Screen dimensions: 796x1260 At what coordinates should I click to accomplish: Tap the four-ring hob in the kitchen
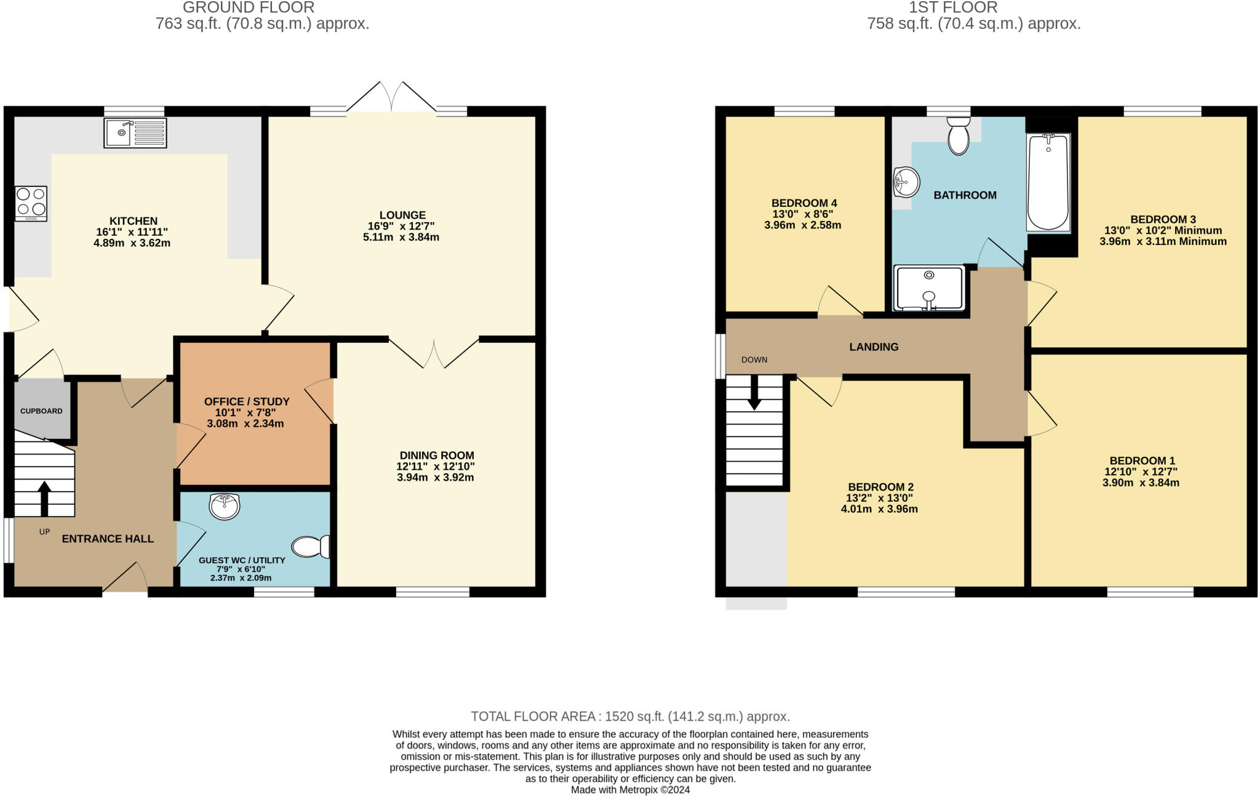(x=31, y=203)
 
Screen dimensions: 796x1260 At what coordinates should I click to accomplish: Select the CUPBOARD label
(x=41, y=411)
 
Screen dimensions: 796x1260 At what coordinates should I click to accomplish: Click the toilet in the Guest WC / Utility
(x=311, y=546)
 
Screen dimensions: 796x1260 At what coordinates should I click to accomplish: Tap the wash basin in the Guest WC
(x=225, y=507)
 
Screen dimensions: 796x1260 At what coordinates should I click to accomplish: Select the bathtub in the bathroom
(x=1048, y=182)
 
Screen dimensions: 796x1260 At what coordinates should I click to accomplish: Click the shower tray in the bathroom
(x=928, y=288)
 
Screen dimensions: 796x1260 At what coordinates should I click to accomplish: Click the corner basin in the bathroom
(x=906, y=182)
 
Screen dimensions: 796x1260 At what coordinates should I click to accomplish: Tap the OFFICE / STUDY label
(x=247, y=401)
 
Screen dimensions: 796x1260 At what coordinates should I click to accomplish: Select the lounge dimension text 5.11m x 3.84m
(x=401, y=237)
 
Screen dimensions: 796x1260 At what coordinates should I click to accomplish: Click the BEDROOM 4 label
(x=803, y=203)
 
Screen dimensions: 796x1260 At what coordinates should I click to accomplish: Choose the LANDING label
(x=874, y=347)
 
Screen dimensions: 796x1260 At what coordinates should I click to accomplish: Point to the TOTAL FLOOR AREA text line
(x=630, y=716)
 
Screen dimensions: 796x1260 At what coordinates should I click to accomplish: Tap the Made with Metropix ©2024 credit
(x=630, y=790)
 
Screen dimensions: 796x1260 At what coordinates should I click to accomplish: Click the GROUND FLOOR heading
(x=249, y=7)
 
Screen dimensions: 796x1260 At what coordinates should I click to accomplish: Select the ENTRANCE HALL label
(x=108, y=539)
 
